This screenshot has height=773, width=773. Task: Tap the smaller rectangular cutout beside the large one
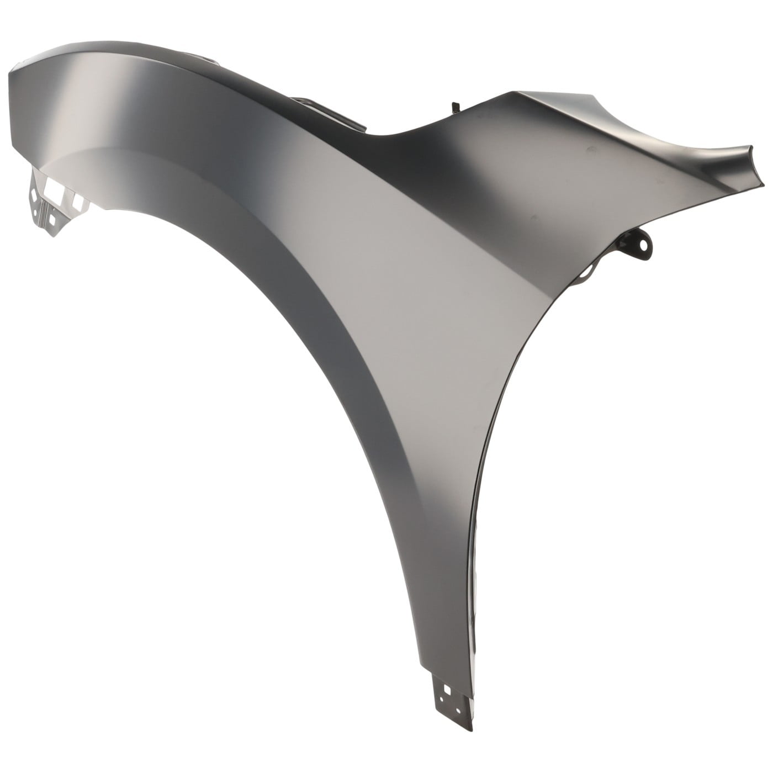coord(77,203)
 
